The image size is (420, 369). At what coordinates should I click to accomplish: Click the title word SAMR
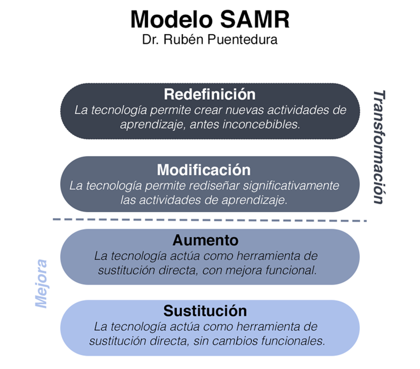255,19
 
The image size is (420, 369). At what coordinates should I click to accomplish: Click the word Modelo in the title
172,19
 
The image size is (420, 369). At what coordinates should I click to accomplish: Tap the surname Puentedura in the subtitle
242,40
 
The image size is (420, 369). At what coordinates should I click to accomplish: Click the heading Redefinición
210,94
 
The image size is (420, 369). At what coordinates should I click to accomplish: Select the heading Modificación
204,170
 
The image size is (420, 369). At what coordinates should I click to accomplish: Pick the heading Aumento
206,240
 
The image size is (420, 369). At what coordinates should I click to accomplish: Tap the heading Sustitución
205,311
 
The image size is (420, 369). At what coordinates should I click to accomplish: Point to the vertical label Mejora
42,283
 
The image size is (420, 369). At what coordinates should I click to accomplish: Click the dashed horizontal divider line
210,220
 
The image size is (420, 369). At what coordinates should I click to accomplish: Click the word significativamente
291,186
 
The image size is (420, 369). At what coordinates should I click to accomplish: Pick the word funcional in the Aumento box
291,270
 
